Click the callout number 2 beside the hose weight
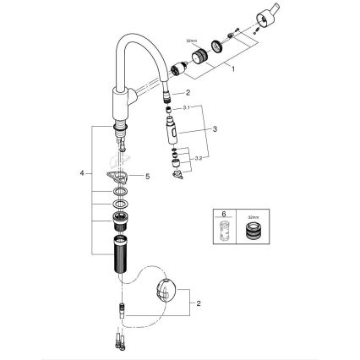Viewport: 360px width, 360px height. tap(199, 302)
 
